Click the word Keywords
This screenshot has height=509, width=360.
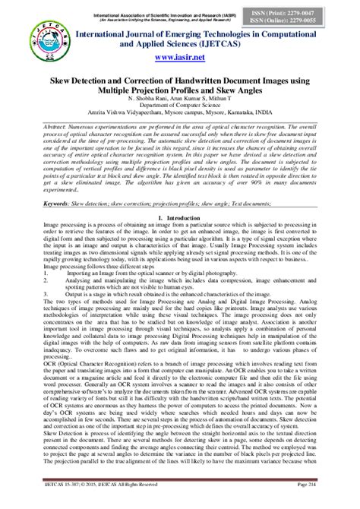pos(60,204)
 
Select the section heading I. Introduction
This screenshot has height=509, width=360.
pos(180,218)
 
